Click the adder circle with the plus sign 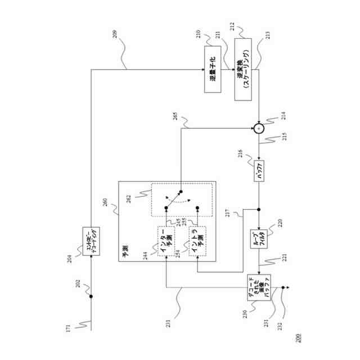tap(258, 128)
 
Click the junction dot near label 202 tap(91, 296)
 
